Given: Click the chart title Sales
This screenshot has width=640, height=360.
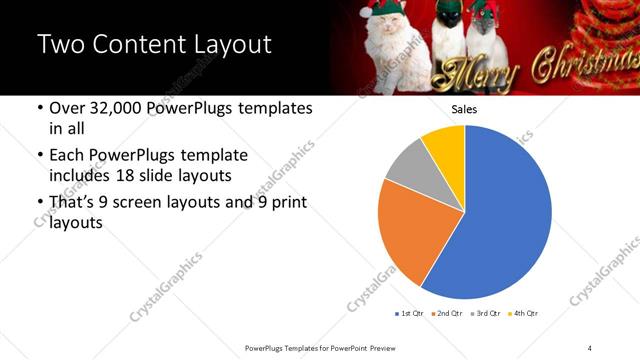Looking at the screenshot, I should pos(464,109).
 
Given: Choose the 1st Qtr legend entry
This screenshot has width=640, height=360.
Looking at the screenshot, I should pos(410,313).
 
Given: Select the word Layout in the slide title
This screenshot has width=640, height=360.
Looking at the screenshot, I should pos(225,45).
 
